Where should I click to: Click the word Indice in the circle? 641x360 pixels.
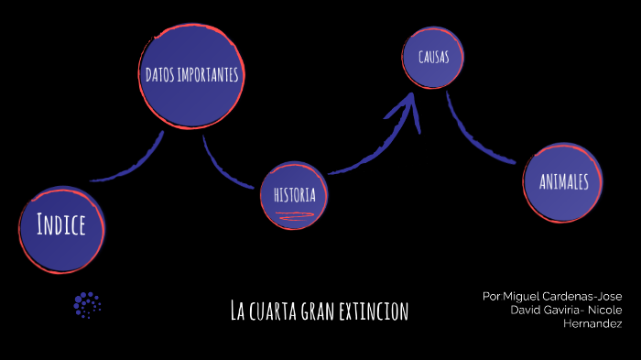(61, 224)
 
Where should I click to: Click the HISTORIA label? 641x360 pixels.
(295, 195)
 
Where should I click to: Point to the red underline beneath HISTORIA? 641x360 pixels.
(295, 216)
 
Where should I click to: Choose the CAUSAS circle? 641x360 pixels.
(433, 58)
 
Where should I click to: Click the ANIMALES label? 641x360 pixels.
(564, 181)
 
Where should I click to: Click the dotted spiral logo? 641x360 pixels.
(87, 304)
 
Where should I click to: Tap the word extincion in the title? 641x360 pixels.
(375, 311)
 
